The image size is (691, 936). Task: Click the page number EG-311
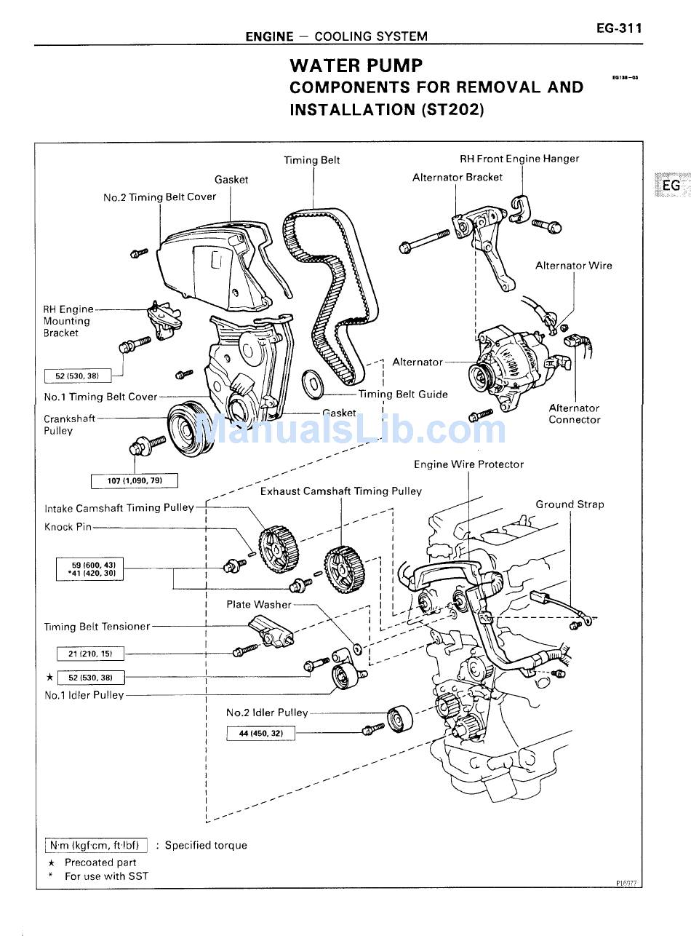click(x=619, y=28)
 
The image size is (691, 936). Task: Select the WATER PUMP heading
click(x=356, y=66)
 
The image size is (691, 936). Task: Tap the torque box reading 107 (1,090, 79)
click(x=134, y=481)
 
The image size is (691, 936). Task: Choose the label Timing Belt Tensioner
click(x=97, y=627)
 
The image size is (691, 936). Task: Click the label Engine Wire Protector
click(x=468, y=464)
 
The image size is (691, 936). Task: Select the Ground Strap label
click(x=570, y=504)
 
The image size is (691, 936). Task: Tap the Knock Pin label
click(x=68, y=527)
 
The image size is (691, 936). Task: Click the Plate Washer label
click(x=258, y=604)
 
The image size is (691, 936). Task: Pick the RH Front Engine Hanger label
click(x=519, y=159)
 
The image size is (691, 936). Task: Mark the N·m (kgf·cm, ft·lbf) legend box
click(x=96, y=845)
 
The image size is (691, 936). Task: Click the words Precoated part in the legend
click(x=100, y=862)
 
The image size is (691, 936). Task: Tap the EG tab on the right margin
click(x=670, y=186)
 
